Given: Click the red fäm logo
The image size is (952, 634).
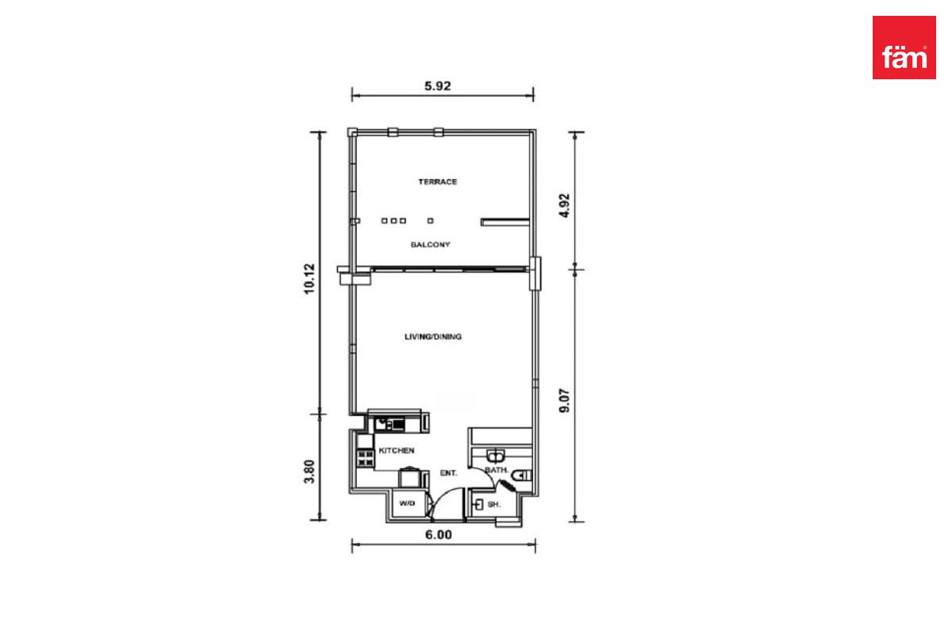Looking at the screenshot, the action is pos(904,48).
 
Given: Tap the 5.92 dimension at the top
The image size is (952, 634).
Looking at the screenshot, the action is pos(437,86).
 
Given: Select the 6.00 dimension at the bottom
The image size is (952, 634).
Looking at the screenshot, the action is pos(439,534).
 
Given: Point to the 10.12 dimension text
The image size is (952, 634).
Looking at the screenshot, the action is pos(309,279).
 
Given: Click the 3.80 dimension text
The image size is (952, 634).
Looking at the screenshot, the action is pos(309,472).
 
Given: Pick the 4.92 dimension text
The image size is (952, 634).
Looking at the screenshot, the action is pos(564,205).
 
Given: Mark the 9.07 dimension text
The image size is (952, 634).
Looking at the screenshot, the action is pos(564,400).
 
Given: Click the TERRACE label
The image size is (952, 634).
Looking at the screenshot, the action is pos(438,181).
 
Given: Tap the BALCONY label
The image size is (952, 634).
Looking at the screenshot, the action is pos(430,245).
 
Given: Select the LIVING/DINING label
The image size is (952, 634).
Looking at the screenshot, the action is pos(433,337).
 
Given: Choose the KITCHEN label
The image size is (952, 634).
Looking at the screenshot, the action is pos(397,451).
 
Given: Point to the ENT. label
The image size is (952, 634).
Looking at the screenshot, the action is pos(448,473).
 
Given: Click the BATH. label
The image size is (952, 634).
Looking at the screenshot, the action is pos(497,470).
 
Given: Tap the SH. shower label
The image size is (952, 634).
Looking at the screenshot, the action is pos(494,505).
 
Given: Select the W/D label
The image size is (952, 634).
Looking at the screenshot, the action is pos(407,503).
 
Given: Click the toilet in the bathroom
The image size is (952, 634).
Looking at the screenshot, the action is pos(522,475).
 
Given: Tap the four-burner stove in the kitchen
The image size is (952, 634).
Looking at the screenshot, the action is pos(366,459).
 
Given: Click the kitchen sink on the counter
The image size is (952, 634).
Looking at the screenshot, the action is pos(382,424).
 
